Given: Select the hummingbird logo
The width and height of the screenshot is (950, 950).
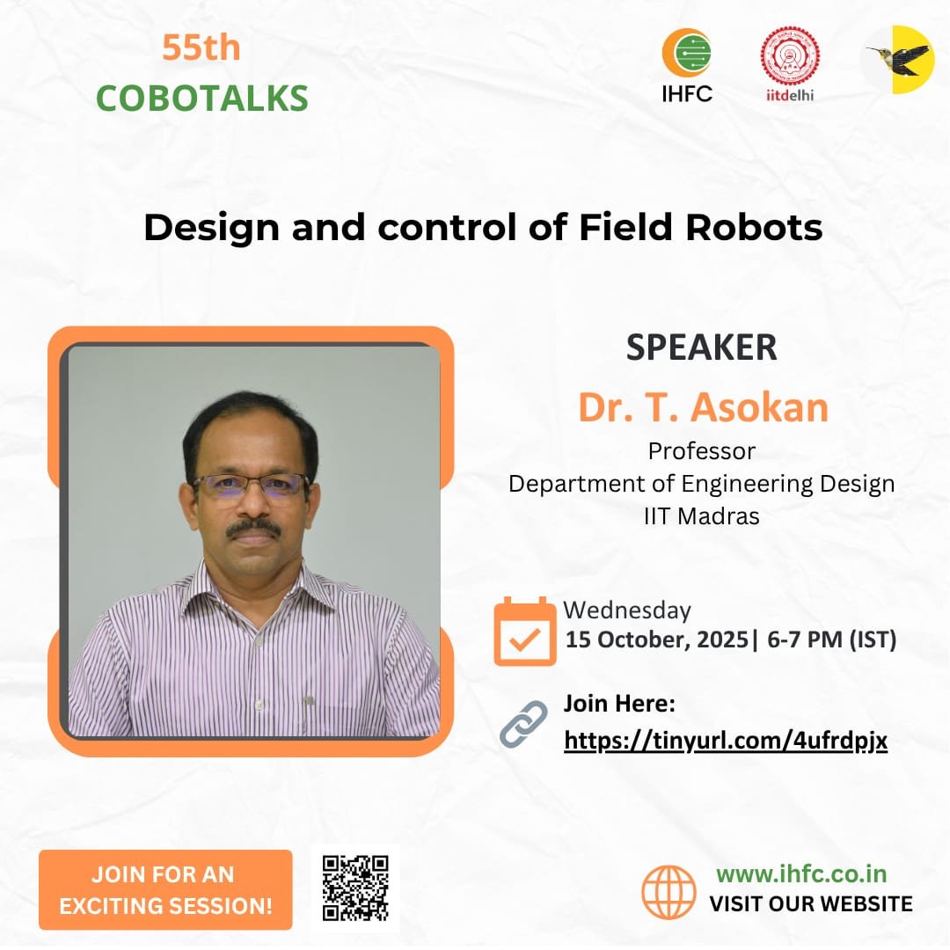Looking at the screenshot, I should tap(896, 59).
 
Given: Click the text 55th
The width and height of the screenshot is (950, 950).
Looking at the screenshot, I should tap(201, 48).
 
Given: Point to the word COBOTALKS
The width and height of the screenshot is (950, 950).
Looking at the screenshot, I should tap(201, 98).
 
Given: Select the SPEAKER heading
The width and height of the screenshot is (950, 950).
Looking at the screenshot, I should tap(701, 347).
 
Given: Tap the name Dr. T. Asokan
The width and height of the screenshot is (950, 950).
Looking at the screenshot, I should tap(703, 407).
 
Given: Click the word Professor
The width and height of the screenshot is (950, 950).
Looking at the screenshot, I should tap(701, 451).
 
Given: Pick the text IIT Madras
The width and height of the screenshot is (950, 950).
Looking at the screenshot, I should tap(701, 516).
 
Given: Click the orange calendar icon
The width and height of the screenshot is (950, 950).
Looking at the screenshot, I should tap(524, 631).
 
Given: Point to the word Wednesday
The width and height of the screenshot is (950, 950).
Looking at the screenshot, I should tap(626, 610).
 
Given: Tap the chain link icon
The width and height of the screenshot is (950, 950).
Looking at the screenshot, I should tap(523, 725).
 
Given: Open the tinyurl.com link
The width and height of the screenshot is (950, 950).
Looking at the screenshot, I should tap(725, 742).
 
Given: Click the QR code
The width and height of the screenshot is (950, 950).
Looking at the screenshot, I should tap(354, 888).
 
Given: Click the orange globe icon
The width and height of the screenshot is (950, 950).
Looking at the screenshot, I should tap(669, 892).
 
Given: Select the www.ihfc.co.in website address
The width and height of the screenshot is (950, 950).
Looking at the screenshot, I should tap(800, 873).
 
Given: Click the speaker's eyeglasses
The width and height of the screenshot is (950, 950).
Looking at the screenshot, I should tap(252, 485).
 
